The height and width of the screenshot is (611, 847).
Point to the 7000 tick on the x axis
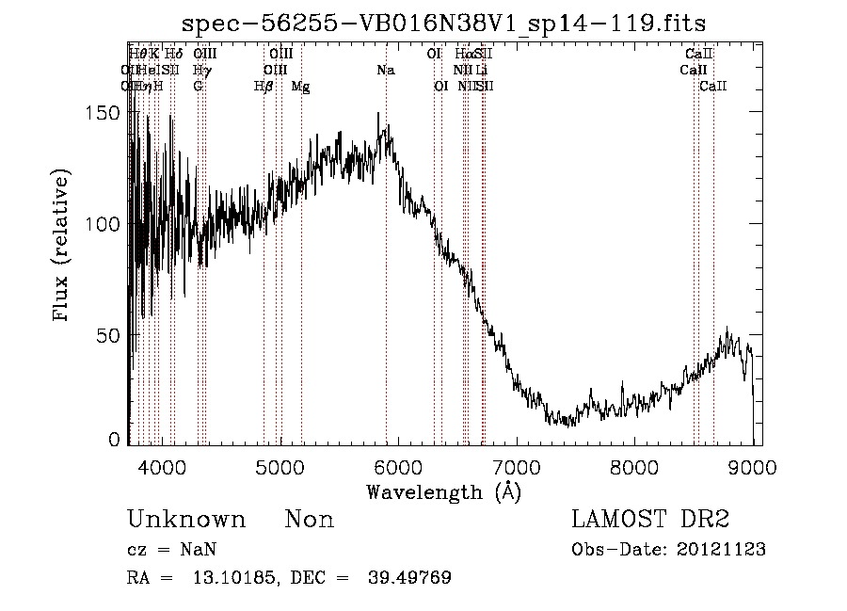tap(517, 466)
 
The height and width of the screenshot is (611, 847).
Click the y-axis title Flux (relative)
tap(63, 247)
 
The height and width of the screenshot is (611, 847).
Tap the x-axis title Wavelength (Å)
tap(443, 491)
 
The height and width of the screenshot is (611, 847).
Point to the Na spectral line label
tap(385, 71)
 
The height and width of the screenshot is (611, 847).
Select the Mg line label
tap(300, 87)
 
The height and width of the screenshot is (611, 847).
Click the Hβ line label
tap(264, 87)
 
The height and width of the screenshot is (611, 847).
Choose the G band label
tap(198, 87)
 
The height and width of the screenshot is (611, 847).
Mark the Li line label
tap(481, 71)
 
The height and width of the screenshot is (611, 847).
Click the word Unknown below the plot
tap(186, 521)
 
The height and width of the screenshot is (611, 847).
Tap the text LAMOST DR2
tap(650, 520)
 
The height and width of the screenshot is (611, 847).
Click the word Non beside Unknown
tap(310, 521)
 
